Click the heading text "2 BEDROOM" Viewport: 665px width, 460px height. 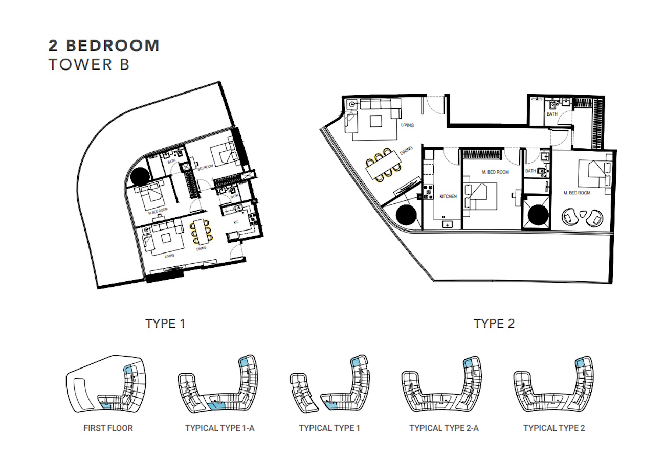tap(104, 45)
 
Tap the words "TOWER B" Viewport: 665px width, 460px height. tap(89, 64)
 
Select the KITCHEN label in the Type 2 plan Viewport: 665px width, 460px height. tap(448, 196)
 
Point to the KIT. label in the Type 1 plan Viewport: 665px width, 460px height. tap(236, 222)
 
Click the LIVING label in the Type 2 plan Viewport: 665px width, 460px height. tap(407, 125)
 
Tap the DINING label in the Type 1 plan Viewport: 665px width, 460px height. tap(201, 248)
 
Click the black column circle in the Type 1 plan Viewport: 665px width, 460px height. tap(140, 176)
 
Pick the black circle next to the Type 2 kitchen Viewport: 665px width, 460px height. tap(406, 215)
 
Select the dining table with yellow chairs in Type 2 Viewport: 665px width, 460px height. tap(383, 165)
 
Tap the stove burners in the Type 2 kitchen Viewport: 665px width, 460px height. tap(428, 192)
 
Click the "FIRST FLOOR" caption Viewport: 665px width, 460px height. tap(108, 428)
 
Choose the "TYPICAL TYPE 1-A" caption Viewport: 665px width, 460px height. tap(219, 428)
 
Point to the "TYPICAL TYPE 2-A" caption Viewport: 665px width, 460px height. tap(444, 428)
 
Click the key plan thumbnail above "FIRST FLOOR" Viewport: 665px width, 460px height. tap(106, 384)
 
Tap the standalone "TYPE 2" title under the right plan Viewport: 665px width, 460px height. tap(494, 323)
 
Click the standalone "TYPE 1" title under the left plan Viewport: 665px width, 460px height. tap(165, 323)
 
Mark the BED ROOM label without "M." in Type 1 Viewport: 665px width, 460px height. tap(206, 167)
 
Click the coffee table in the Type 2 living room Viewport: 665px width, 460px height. tap(376, 121)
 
